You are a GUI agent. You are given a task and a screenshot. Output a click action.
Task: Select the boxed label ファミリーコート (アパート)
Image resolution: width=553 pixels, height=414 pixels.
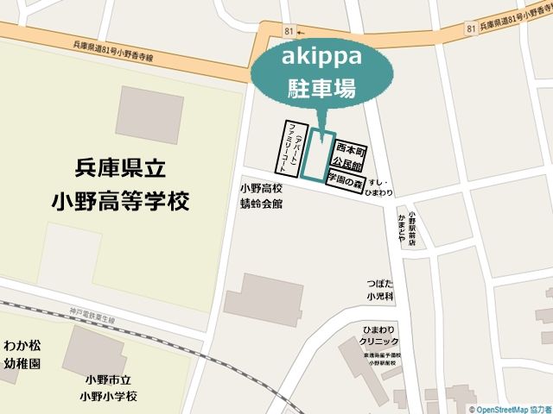(293, 148)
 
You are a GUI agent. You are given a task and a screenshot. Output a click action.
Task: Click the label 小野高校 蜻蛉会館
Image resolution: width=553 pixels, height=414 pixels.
(261, 196)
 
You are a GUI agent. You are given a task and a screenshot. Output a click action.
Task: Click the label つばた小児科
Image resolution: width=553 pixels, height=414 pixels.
(379, 290)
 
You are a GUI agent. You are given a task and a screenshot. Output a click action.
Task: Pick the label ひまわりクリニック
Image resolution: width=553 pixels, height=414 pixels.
(379, 336)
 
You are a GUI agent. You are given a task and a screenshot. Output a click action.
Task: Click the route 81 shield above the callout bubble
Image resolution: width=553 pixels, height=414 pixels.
(288, 31)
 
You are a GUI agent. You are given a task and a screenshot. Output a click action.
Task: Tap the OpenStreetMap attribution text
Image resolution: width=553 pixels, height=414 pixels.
(509, 409)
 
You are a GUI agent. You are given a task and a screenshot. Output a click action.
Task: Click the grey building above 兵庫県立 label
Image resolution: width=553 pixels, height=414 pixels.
(149, 115)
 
